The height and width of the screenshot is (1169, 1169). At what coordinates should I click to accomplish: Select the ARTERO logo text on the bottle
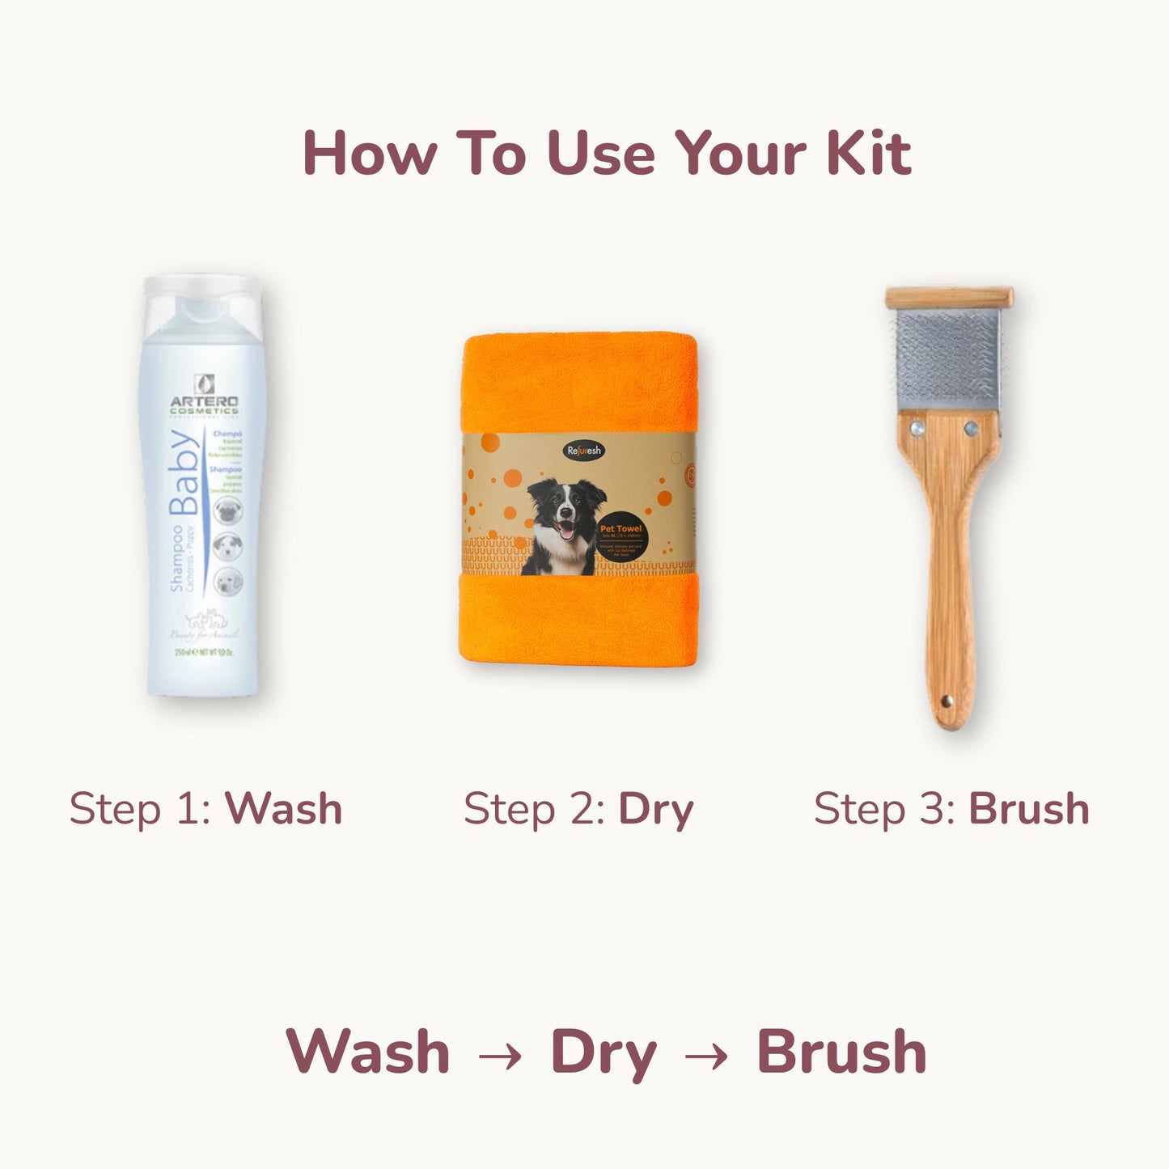(204, 401)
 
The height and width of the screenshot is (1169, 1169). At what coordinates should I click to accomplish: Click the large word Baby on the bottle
(185, 473)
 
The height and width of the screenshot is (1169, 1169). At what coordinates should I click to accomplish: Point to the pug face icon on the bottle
(228, 510)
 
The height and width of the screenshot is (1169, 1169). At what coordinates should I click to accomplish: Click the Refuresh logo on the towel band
(583, 451)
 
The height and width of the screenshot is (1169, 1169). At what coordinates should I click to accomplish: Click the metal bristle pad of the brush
(947, 360)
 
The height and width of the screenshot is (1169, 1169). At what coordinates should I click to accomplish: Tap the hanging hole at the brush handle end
(946, 701)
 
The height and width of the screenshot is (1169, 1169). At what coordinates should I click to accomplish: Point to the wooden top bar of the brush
(948, 298)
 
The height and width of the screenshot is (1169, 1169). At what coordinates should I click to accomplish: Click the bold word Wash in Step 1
(283, 808)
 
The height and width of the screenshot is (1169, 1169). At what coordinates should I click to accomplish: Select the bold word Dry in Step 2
(656, 810)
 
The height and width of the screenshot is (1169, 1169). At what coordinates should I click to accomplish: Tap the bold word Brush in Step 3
(1029, 808)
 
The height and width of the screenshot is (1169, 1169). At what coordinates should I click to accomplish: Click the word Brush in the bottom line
(841, 1052)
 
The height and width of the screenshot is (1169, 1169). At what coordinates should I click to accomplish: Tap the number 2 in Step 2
(587, 808)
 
